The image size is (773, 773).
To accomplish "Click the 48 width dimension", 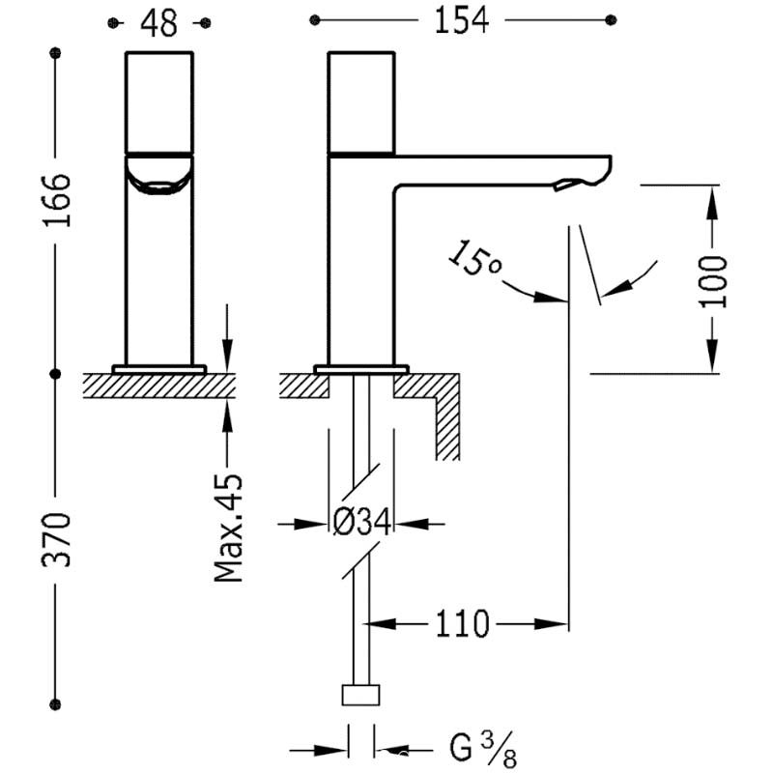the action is (x=158, y=23).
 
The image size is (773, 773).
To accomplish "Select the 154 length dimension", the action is (x=462, y=20).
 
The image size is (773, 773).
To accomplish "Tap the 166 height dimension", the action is (x=57, y=200).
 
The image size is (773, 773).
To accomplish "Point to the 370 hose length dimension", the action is (x=57, y=540).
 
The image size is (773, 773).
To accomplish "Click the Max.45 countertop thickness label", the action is (x=229, y=528).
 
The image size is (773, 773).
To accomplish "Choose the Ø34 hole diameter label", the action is (x=361, y=522).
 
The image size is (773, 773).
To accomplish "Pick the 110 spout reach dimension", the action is (x=462, y=624).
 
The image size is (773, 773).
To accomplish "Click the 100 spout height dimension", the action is (x=713, y=281).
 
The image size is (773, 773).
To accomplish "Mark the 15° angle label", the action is (x=474, y=258).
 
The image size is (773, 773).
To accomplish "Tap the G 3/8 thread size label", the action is (x=482, y=750).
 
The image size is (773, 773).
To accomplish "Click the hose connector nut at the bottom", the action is (x=360, y=695).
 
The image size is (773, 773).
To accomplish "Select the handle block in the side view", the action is (x=361, y=103).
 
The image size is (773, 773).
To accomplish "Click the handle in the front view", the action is (x=159, y=102).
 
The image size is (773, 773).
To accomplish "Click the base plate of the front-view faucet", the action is (x=159, y=369).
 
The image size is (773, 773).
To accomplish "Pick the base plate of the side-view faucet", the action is (x=361, y=369).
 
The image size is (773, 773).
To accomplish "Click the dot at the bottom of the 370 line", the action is (x=55, y=704).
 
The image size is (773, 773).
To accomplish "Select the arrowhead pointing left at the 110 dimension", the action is (x=380, y=624).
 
